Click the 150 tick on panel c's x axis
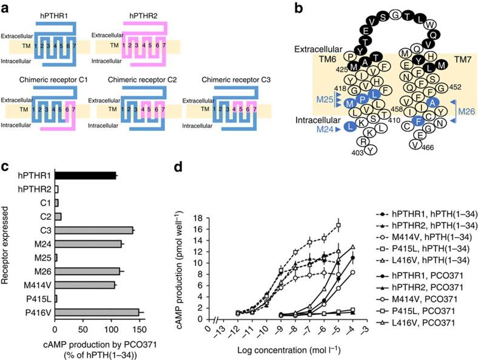pos(139,330)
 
